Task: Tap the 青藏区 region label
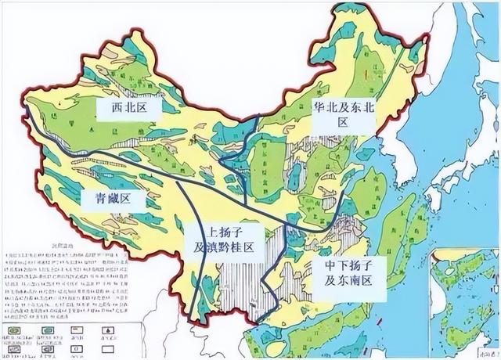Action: click(x=115, y=199)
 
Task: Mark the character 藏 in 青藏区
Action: click(x=115, y=199)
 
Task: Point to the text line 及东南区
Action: click(x=348, y=278)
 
